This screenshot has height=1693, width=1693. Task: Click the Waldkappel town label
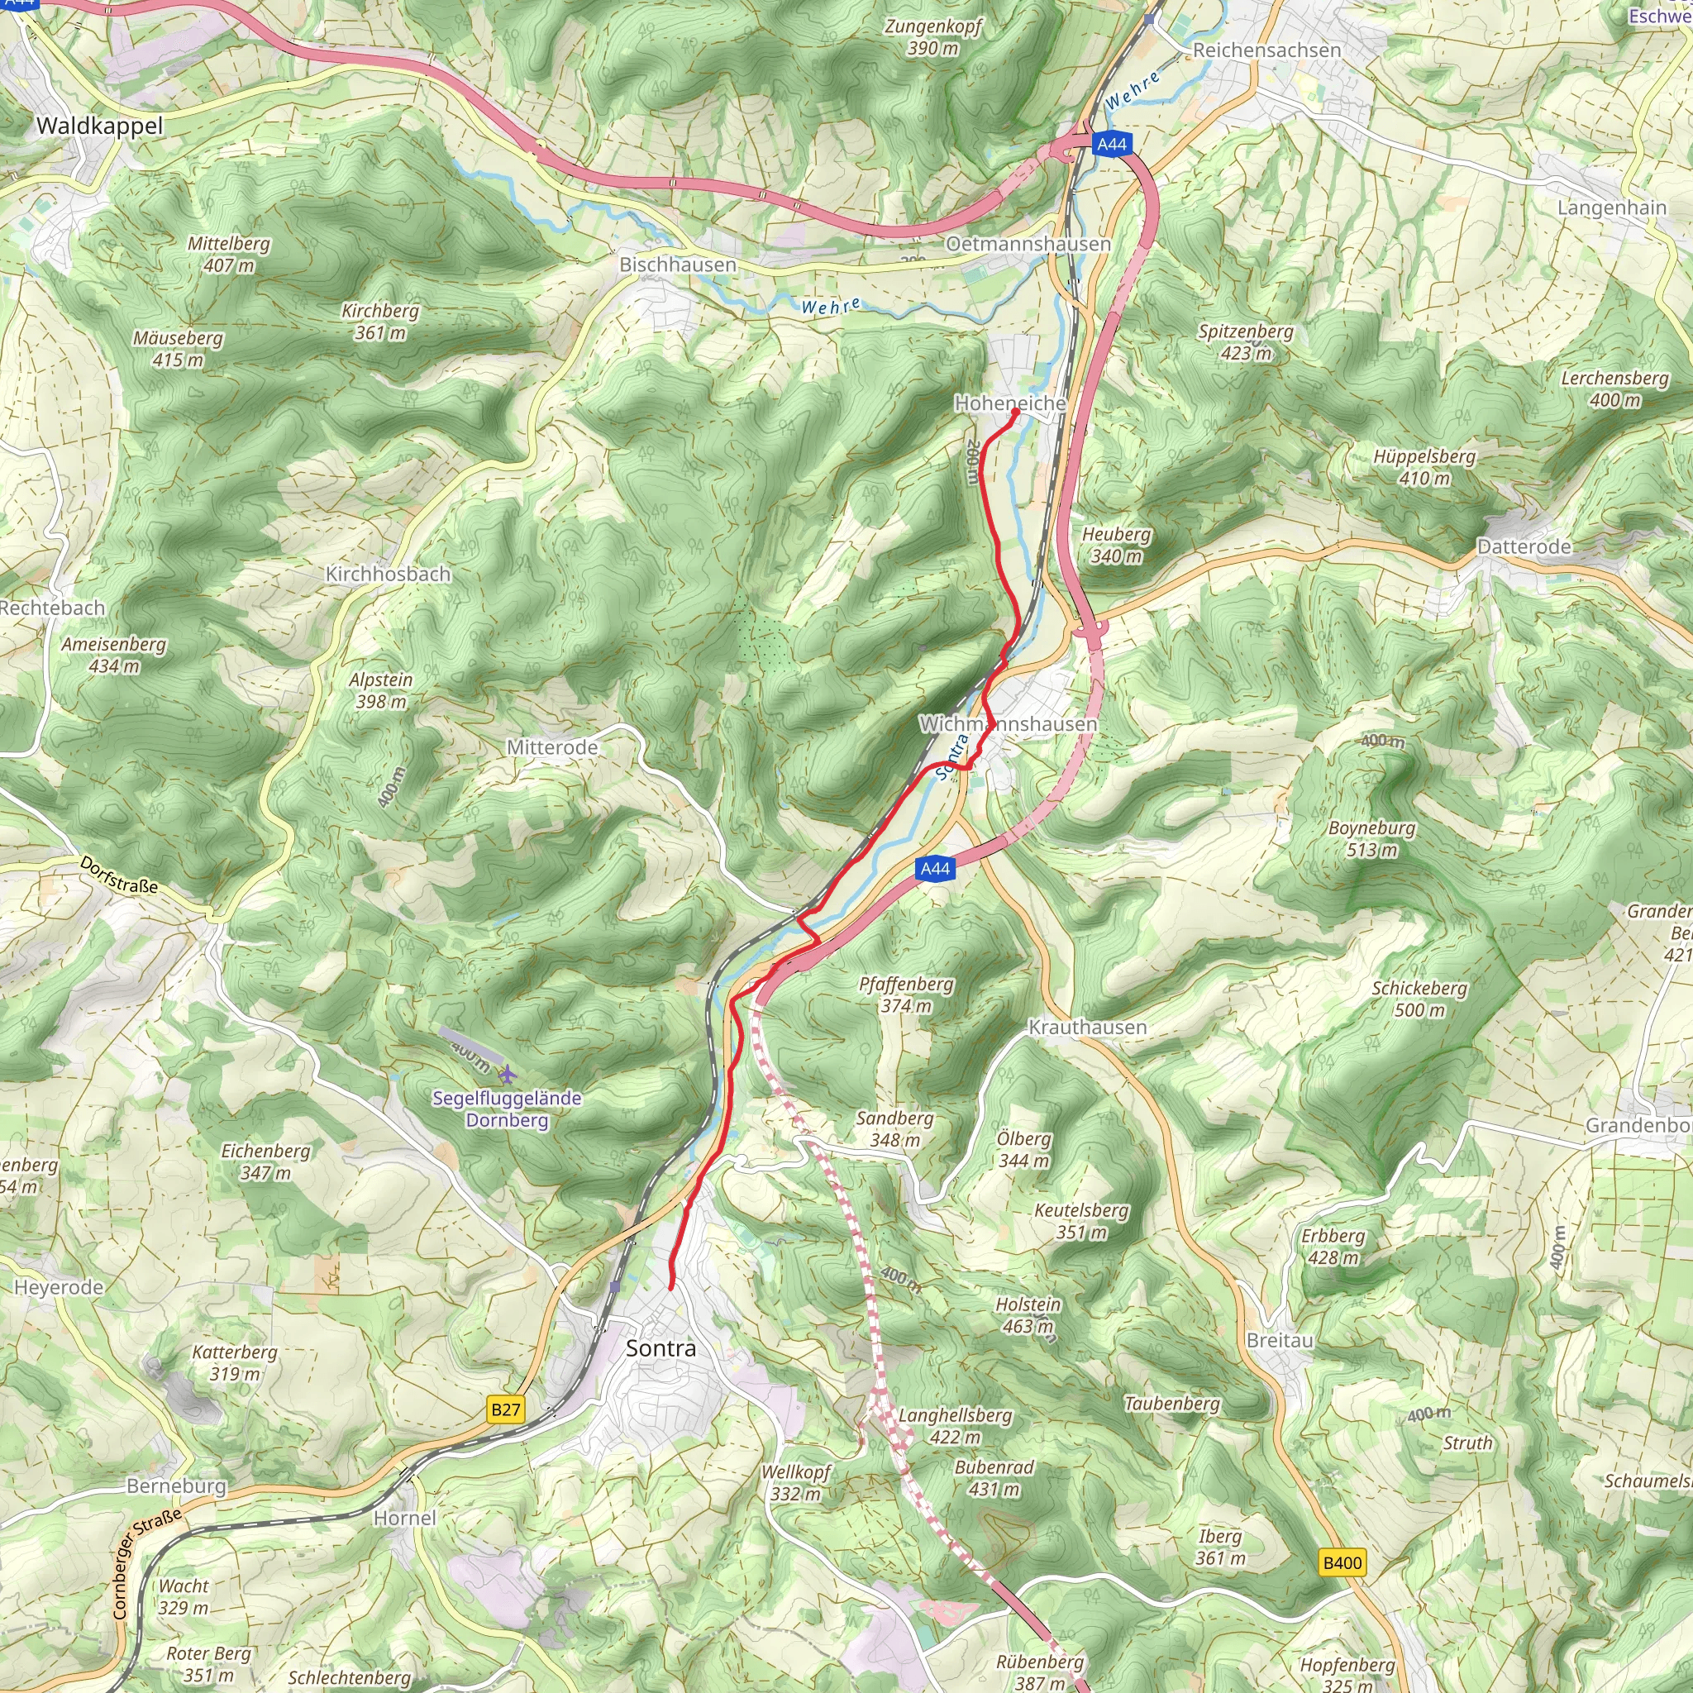[99, 126]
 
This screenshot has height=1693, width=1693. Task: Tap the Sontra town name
[661, 1347]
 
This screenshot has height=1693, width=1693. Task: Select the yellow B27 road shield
[506, 1409]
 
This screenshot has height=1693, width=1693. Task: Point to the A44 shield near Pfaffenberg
[935, 869]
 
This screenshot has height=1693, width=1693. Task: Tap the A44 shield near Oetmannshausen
[1111, 144]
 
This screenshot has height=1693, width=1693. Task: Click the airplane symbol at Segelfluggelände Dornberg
[507, 1075]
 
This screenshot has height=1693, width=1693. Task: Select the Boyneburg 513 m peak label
[1371, 838]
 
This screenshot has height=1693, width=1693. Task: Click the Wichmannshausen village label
[1008, 724]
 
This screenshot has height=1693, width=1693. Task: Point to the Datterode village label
[1524, 546]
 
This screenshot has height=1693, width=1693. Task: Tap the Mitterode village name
[552, 747]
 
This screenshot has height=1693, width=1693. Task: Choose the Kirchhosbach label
[389, 574]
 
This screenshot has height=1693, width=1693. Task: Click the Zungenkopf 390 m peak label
[933, 37]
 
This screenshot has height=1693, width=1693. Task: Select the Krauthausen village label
[1086, 1027]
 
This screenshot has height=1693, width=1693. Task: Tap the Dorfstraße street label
[119, 875]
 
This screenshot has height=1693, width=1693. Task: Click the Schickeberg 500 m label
[1419, 999]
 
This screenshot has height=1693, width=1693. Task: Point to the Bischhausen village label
[677, 265]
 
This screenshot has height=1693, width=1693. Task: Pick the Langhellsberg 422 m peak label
[955, 1426]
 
